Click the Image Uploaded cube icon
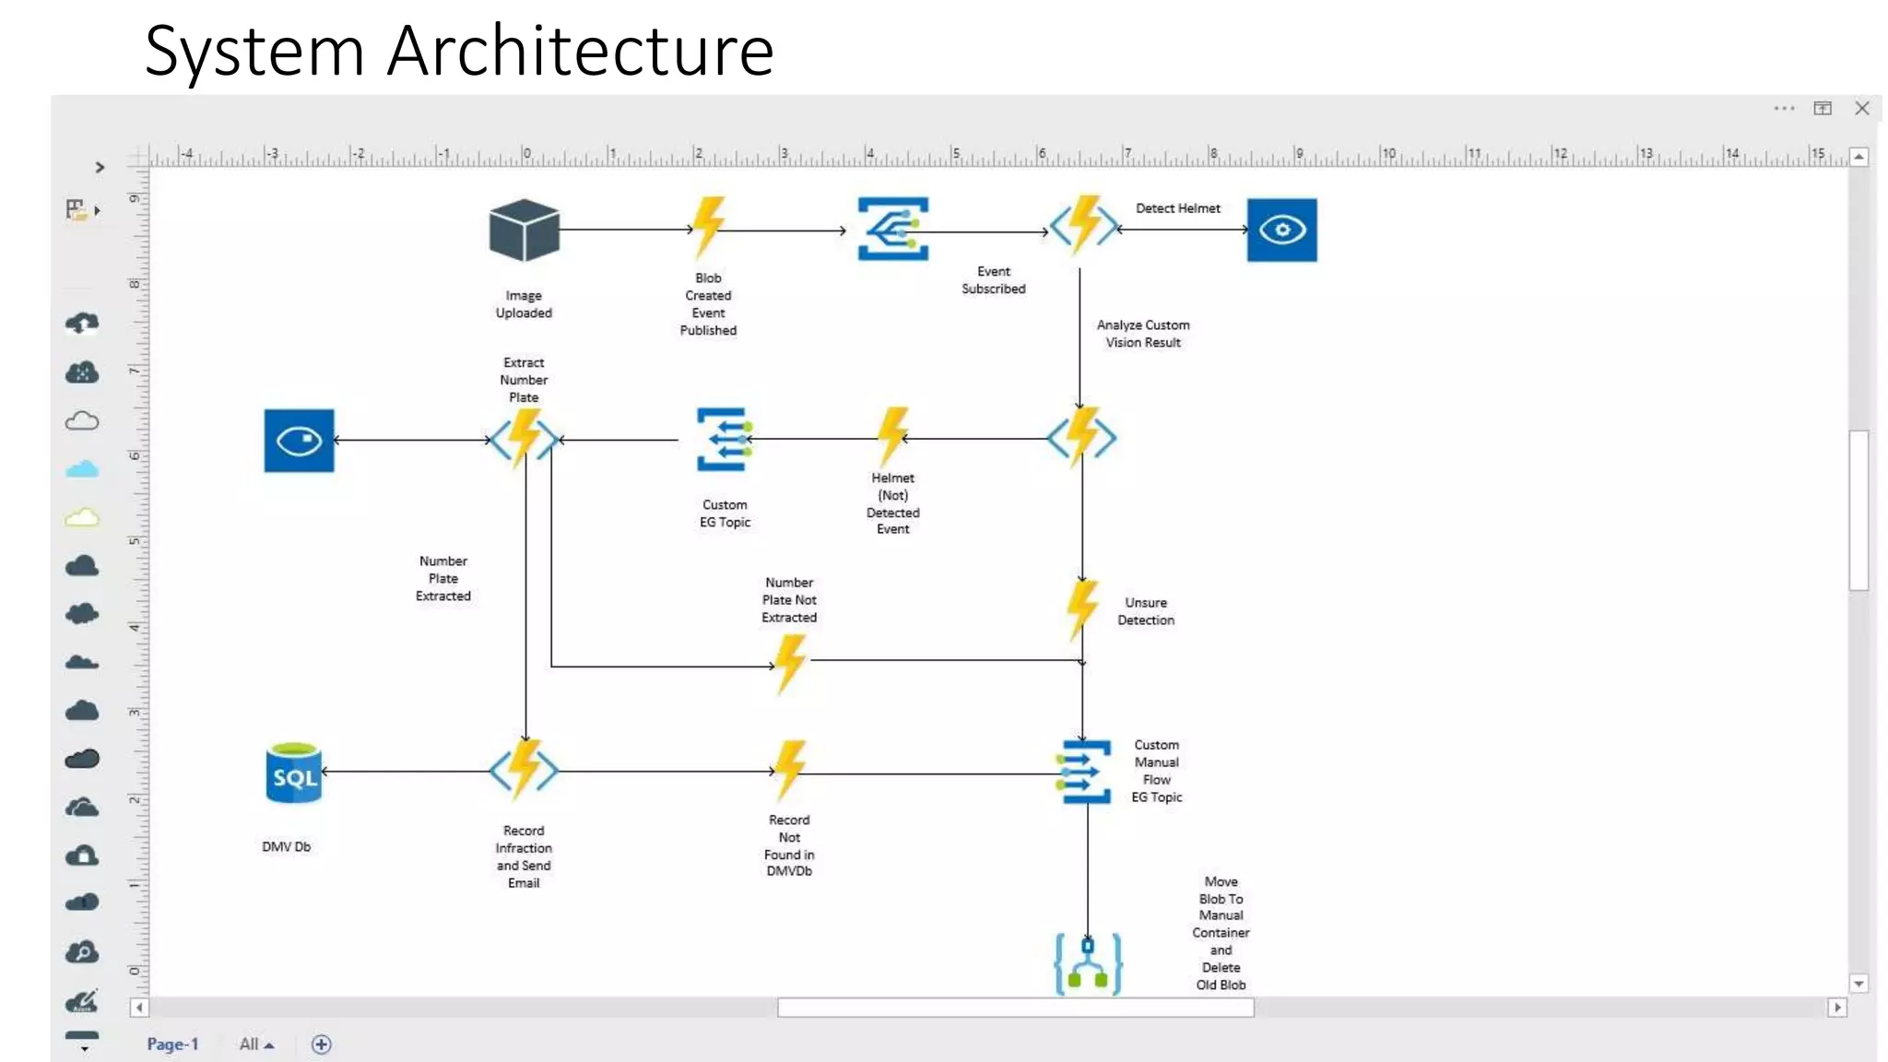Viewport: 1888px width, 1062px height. (x=524, y=230)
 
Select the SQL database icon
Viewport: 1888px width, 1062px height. (x=294, y=773)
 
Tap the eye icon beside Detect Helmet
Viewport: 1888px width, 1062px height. (x=1281, y=230)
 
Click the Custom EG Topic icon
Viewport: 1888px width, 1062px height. (x=724, y=440)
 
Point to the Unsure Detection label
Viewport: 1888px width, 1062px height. (x=1145, y=611)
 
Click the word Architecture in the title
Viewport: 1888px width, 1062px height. (x=580, y=51)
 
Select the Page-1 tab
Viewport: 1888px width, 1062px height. (x=172, y=1044)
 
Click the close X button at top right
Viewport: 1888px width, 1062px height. (x=1861, y=108)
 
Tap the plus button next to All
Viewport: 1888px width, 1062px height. (x=321, y=1044)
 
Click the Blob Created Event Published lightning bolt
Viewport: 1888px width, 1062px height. (x=708, y=227)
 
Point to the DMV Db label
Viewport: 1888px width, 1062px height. (x=286, y=846)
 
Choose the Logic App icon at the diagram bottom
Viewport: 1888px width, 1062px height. (x=1088, y=963)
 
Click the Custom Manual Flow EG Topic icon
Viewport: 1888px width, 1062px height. (x=1085, y=772)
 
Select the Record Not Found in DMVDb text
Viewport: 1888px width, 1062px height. (x=789, y=845)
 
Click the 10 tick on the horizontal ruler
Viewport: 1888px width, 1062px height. (x=1388, y=154)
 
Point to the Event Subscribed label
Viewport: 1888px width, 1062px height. (x=993, y=279)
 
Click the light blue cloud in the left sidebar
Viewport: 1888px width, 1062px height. (x=82, y=469)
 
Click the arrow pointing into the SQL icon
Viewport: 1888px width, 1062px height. (x=325, y=771)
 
